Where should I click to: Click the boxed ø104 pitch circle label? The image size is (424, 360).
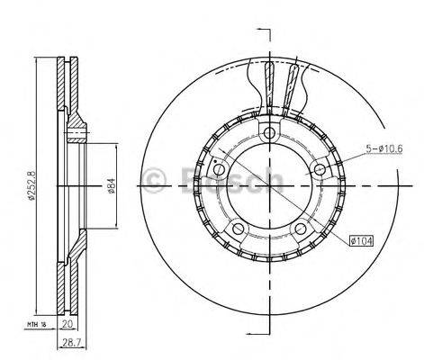pos(363,241)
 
